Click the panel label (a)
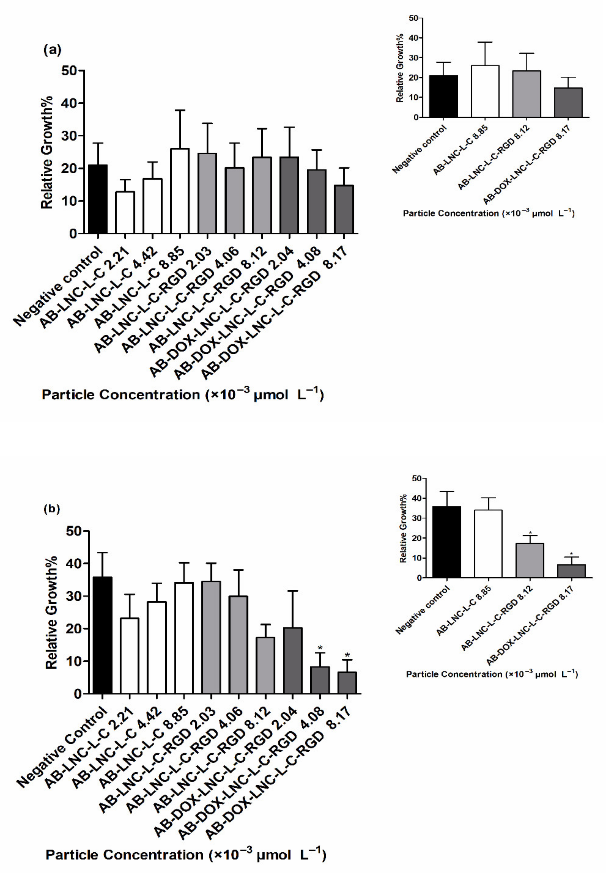[52, 50]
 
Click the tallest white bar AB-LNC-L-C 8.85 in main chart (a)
[180, 191]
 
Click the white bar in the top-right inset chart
[485, 91]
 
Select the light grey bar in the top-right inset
[526, 94]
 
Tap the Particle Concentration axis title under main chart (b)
[186, 855]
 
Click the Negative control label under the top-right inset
[420, 149]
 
